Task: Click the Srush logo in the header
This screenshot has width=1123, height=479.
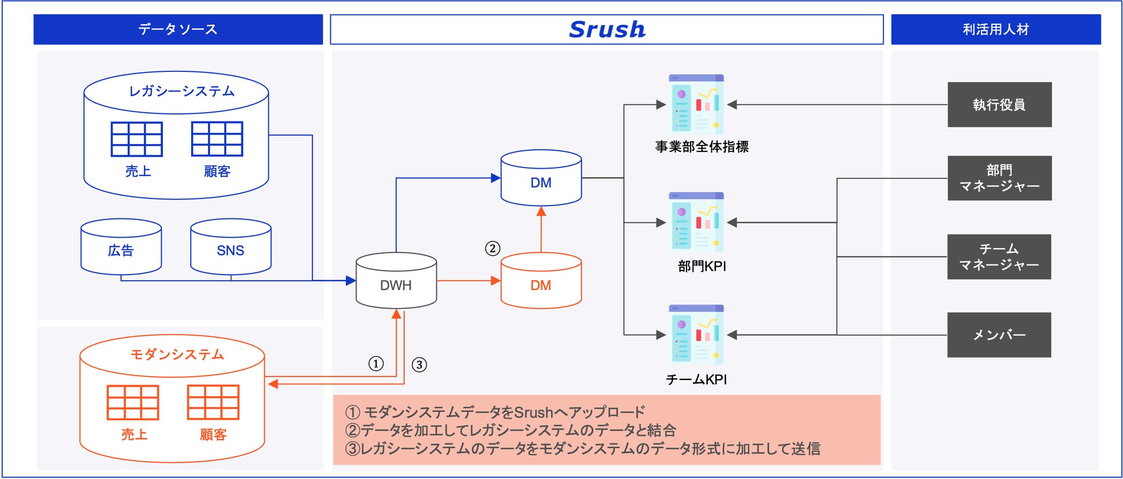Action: pos(607,29)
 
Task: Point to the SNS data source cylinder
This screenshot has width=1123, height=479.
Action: pos(230,247)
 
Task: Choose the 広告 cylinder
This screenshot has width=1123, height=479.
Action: pos(121,247)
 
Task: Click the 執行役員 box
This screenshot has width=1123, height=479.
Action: pos(999,105)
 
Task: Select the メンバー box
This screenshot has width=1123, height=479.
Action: pos(999,335)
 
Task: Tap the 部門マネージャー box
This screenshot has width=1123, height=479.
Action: pos(999,178)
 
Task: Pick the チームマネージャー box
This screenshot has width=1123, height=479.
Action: pos(999,257)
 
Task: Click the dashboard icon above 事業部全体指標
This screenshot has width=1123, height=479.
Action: pos(696,104)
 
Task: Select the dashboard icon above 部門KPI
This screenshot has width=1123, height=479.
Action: pos(696,222)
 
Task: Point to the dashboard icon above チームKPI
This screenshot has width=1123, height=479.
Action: pos(696,334)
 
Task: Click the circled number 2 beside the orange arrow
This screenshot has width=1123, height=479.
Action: pos(492,249)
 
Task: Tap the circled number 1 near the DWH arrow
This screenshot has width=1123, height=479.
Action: pos(376,364)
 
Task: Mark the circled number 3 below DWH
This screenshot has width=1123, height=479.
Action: pos(419,365)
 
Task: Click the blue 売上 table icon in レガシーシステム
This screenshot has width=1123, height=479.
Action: pos(136,139)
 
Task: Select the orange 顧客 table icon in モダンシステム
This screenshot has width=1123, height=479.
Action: pos(213,402)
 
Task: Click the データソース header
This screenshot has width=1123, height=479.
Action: pos(178,29)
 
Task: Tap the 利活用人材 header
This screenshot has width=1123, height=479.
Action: pos(996,29)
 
